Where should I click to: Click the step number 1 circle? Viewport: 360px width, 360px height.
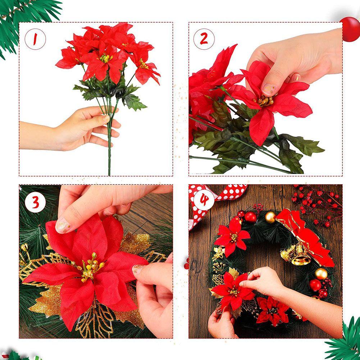[35, 39]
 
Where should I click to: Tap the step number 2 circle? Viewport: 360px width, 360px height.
[204, 39]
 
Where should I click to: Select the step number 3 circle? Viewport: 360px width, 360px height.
[35, 202]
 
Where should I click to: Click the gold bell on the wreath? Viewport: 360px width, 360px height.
[300, 255]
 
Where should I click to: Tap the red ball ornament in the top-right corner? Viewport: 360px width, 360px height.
[350, 29]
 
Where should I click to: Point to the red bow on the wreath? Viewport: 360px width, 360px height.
[305, 237]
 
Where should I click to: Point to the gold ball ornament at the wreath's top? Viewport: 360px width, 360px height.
[270, 217]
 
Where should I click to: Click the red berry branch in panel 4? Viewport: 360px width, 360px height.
[317, 204]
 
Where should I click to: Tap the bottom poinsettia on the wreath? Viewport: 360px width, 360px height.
[273, 310]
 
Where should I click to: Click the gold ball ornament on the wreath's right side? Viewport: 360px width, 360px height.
[321, 274]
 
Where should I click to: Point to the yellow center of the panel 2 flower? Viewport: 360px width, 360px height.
[265, 101]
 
